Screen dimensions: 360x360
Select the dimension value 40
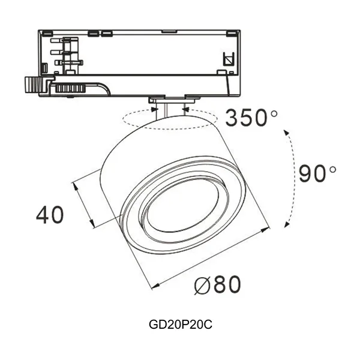tap(50, 214)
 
